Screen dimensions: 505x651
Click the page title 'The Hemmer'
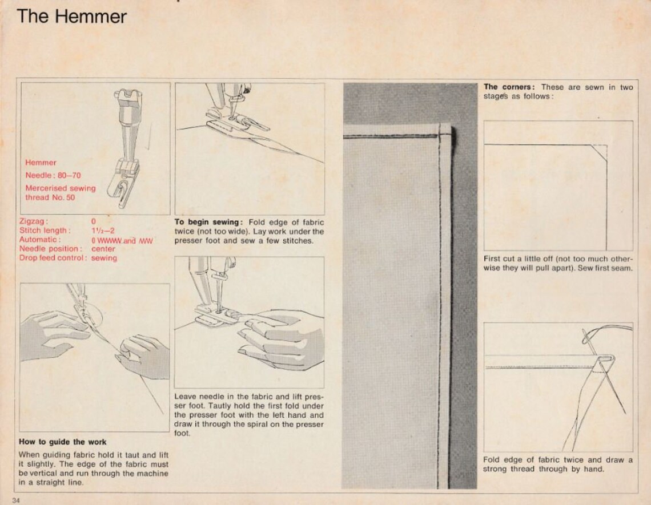[71, 16]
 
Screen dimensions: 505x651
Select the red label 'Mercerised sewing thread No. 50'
[60, 193]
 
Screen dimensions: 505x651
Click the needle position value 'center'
[103, 249]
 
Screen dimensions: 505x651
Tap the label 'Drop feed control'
[53, 258]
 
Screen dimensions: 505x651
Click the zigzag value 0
[93, 221]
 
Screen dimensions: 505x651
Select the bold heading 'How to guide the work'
[63, 442]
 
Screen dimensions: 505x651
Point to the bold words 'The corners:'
[509, 87]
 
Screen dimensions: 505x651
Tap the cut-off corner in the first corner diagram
[599, 152]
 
